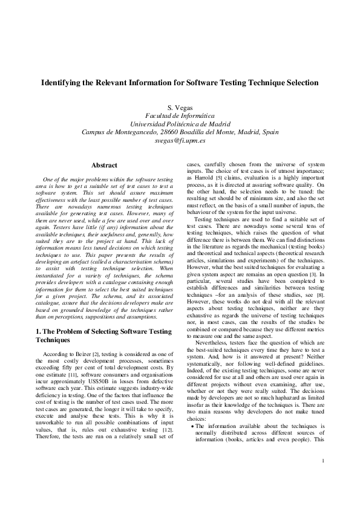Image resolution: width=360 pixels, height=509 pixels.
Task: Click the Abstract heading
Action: [x=104, y=164]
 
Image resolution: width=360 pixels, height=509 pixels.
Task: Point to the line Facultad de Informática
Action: [x=180, y=114]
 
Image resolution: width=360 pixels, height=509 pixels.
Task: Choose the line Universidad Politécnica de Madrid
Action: [x=180, y=122]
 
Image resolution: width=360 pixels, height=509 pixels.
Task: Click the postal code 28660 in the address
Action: [x=175, y=130]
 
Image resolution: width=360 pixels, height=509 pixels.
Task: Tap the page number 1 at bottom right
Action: [x=324, y=478]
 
